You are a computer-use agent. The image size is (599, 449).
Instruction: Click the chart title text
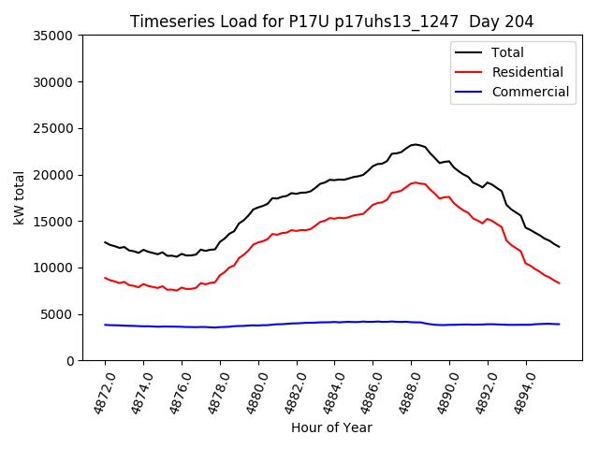(332, 22)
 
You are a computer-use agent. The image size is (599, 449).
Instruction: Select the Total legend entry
(507, 52)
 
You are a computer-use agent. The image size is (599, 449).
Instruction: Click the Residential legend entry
(527, 72)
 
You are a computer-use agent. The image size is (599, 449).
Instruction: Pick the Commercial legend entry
(530, 92)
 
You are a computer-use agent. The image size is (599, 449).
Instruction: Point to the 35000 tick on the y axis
(53, 36)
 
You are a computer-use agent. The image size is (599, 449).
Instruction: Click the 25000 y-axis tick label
(53, 128)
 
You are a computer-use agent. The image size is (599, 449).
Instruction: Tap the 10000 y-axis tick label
(53, 268)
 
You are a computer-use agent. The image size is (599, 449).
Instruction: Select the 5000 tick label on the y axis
(57, 314)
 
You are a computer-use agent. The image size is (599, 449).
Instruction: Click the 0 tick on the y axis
(70, 360)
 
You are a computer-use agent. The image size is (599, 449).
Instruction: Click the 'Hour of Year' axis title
(331, 427)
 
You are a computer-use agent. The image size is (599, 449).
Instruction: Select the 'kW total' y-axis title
(20, 198)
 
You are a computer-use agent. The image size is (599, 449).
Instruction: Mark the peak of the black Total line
(416, 144)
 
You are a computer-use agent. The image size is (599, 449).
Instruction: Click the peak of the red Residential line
(416, 182)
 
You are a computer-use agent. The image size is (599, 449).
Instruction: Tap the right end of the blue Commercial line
(559, 324)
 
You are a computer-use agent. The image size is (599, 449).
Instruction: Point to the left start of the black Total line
(105, 242)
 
